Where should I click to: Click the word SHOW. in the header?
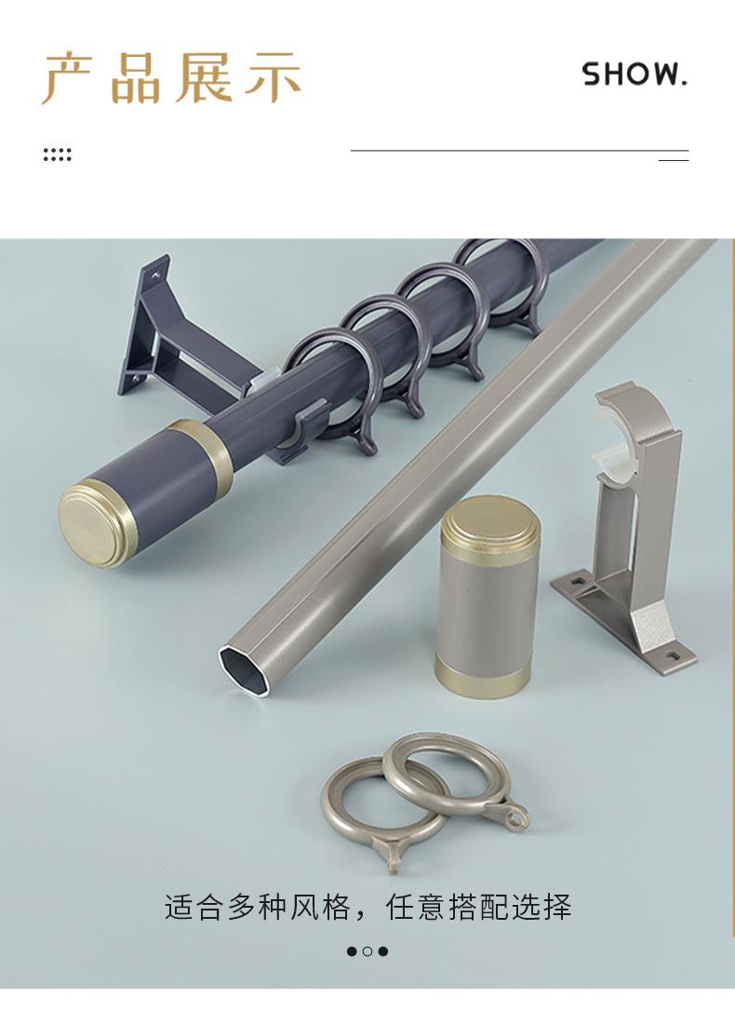pyautogui.click(x=635, y=74)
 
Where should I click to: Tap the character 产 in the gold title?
pyautogui.click(x=68, y=77)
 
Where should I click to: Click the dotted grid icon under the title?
pyautogui.click(x=57, y=155)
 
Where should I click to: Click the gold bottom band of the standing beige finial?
pyautogui.click(x=483, y=677)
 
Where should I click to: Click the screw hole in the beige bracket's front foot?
pyautogui.click(x=674, y=655)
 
